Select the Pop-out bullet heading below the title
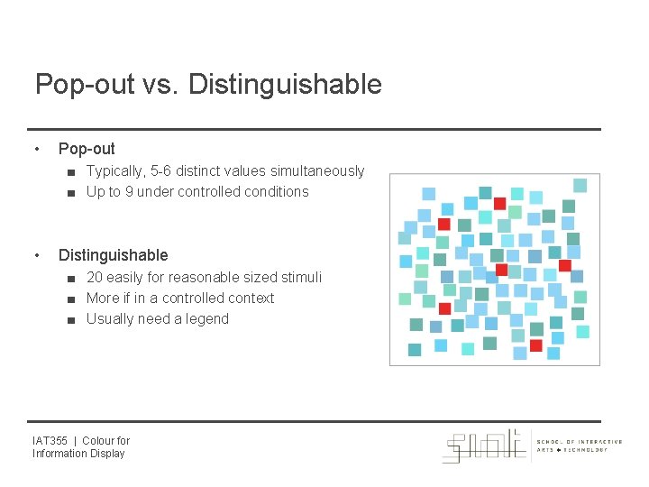pyautogui.click(x=87, y=149)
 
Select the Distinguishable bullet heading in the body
pyautogui.click(x=113, y=255)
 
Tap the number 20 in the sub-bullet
pyautogui.click(x=95, y=277)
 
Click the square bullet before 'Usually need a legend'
pyautogui.click(x=69, y=319)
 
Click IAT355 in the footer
pyautogui.click(x=50, y=441)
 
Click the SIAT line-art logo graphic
pyautogui.click(x=484, y=446)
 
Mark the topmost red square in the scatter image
pyautogui.click(x=499, y=203)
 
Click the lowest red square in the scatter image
pyautogui.click(x=536, y=345)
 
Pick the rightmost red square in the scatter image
pyautogui.click(x=565, y=265)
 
